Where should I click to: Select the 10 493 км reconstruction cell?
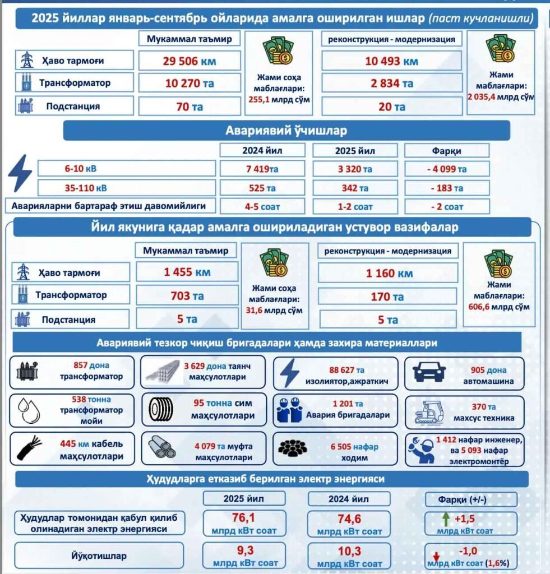click(x=391, y=61)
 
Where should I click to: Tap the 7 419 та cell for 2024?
click(x=262, y=169)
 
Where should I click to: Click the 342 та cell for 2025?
click(x=355, y=188)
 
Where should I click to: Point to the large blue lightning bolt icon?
click(x=20, y=174)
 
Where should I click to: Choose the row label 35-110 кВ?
click(x=126, y=188)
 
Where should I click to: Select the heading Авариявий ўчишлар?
click(x=286, y=131)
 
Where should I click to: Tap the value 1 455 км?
click(x=187, y=273)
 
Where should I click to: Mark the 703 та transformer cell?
click(x=187, y=295)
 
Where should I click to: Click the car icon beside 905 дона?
click(x=428, y=372)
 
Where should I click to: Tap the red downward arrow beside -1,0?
click(x=436, y=556)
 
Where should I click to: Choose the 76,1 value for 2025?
click(x=243, y=517)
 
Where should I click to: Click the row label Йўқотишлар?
click(x=99, y=556)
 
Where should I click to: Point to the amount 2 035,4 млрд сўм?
click(x=501, y=96)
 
